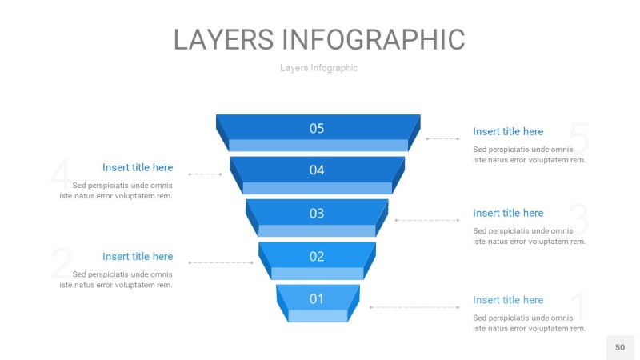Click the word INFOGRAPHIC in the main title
click(x=374, y=39)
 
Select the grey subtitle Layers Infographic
click(x=318, y=68)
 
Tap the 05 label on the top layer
click(x=317, y=128)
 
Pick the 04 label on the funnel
click(x=317, y=170)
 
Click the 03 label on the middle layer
click(x=317, y=213)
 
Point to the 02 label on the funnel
click(x=317, y=256)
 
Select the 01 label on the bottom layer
click(x=317, y=298)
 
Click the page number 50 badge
click(x=620, y=347)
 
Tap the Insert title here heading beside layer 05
click(x=508, y=131)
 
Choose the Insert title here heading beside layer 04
click(x=138, y=167)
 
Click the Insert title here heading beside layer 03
click(x=508, y=213)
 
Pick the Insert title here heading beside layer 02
click(x=138, y=256)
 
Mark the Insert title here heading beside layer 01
click(x=508, y=300)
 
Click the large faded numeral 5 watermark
click(x=579, y=140)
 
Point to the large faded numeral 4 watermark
click(x=61, y=176)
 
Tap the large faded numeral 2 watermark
click(x=61, y=264)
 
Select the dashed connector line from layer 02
click(x=221, y=262)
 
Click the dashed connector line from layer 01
click(x=414, y=307)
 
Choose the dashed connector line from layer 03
click(x=427, y=220)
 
